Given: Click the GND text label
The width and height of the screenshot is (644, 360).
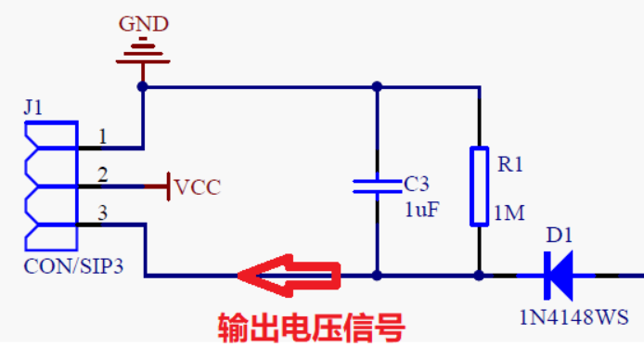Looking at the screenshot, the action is (x=143, y=24).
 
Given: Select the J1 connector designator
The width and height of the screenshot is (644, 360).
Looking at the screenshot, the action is (x=33, y=108).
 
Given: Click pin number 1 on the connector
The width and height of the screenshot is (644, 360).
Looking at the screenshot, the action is (x=103, y=136).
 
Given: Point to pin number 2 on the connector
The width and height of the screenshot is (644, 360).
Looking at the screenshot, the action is (x=103, y=174).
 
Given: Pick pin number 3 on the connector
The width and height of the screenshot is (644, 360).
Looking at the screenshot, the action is (x=103, y=212).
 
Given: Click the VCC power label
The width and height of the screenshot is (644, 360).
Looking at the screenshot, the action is (x=197, y=187).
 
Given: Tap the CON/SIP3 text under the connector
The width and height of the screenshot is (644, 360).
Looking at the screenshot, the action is (x=73, y=266).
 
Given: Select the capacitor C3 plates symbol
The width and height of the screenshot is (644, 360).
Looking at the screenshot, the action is (x=377, y=186).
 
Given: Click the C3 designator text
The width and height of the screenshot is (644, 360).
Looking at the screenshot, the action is (x=417, y=184).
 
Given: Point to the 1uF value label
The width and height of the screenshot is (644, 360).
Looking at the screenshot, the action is (x=422, y=210).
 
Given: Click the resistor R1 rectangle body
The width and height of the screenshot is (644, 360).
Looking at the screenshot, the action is (x=480, y=186).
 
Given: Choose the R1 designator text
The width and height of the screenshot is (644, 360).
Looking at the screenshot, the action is (x=510, y=164).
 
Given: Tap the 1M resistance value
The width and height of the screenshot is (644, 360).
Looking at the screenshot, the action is (x=509, y=213).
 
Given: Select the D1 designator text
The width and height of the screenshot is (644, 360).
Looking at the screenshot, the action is (x=560, y=236).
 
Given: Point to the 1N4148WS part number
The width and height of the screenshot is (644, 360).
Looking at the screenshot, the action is (x=573, y=317).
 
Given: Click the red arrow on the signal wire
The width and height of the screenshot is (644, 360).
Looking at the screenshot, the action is (x=290, y=276).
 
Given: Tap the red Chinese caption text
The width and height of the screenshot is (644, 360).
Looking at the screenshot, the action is (x=311, y=328).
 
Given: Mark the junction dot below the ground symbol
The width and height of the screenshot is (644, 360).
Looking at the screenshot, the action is (x=143, y=86).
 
